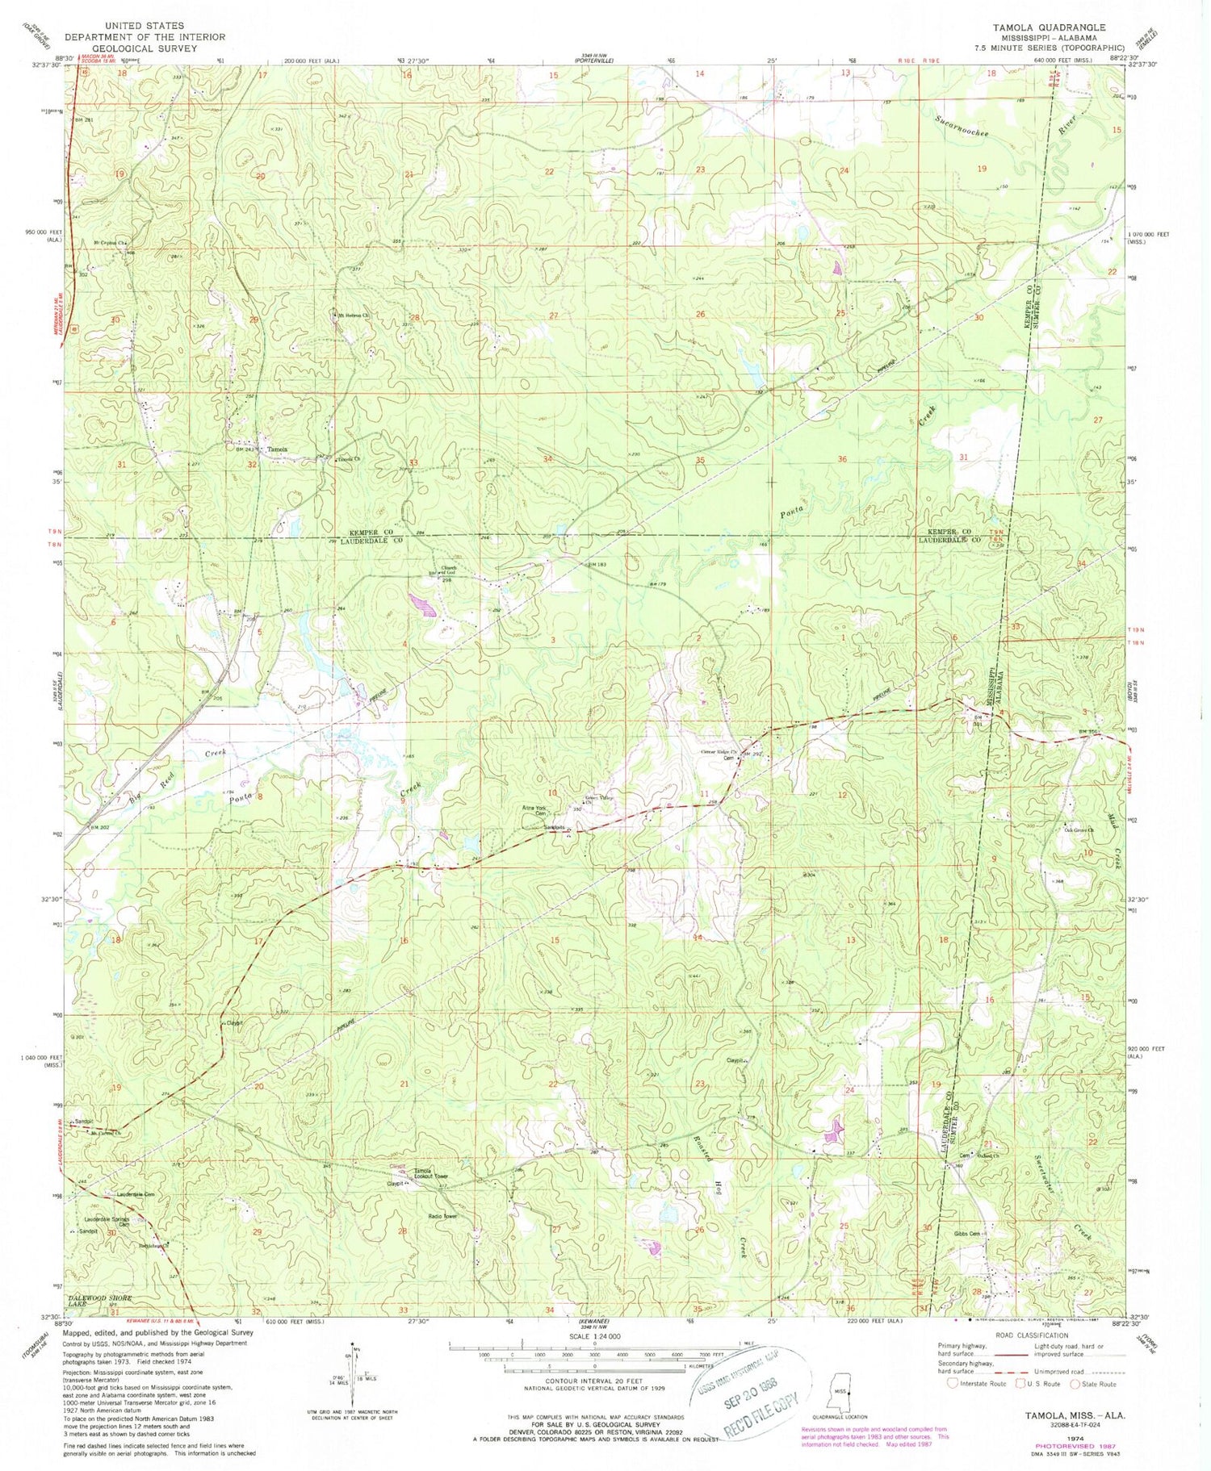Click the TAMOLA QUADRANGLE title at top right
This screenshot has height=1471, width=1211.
coord(1041,27)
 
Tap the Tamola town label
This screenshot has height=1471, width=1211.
coord(277,449)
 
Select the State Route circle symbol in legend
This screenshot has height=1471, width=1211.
coord(1075,1385)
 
